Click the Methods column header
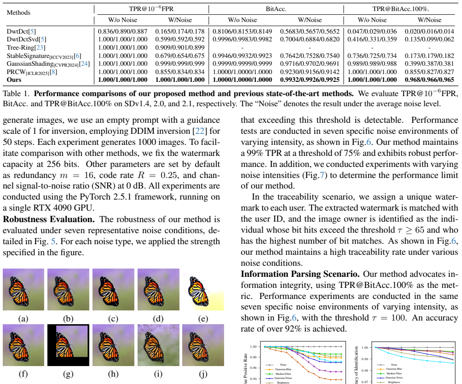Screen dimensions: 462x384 click(x=18, y=13)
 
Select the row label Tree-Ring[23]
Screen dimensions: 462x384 click(x=26, y=47)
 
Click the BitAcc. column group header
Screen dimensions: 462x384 click(x=276, y=9)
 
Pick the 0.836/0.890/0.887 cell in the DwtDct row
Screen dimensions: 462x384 click(x=122, y=31)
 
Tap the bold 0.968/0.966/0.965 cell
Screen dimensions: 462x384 click(x=429, y=80)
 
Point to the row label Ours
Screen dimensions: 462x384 click(x=14, y=80)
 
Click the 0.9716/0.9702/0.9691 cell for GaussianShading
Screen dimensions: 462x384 click(x=310, y=63)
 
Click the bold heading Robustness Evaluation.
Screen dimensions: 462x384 click(x=49, y=219)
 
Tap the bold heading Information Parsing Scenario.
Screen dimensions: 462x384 click(x=300, y=274)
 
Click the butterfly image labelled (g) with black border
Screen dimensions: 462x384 click(x=69, y=345)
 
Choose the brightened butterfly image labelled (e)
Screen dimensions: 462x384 click(x=203, y=289)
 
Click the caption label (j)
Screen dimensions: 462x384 click(x=203, y=374)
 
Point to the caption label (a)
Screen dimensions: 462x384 click(x=23, y=319)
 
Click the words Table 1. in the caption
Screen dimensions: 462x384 click(x=17, y=94)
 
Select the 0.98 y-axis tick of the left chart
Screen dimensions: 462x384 click(x=253, y=357)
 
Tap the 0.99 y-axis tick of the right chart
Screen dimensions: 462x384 click(x=365, y=359)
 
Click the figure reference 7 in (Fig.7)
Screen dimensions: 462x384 click(x=322, y=175)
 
